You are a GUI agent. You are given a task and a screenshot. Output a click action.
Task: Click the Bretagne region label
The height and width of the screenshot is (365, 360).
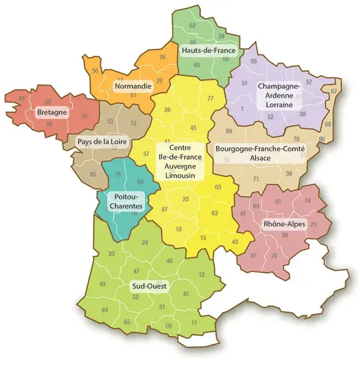pyautogui.click(x=52, y=112)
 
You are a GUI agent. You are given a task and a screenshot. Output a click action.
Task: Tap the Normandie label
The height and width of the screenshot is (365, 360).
pyautogui.click(x=131, y=86)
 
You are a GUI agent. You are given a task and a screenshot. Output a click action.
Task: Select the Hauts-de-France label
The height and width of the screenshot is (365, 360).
pyautogui.click(x=208, y=51)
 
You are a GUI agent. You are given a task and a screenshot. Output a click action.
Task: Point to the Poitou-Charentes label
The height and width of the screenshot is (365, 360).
pyautogui.click(x=125, y=202)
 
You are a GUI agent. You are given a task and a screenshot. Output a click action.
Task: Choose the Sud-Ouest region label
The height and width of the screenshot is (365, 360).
pyautogui.click(x=149, y=286)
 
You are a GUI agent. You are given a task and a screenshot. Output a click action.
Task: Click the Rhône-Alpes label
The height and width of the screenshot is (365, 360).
pyautogui.click(x=284, y=225)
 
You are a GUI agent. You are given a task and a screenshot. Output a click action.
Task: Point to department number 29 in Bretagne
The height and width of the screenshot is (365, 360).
pyautogui.click(x=22, y=98)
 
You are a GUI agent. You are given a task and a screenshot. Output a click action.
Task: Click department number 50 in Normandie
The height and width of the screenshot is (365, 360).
pyautogui.click(x=95, y=71)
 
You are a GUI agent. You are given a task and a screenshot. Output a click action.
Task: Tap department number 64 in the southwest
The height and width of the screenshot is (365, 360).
pyautogui.click(x=105, y=310)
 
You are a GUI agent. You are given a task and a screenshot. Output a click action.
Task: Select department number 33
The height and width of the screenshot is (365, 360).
pyautogui.click(x=111, y=254)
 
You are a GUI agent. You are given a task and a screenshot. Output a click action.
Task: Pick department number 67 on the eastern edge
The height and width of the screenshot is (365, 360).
pyautogui.click(x=334, y=91)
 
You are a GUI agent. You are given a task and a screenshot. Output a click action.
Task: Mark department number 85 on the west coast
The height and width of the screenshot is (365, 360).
pyautogui.click(x=93, y=175)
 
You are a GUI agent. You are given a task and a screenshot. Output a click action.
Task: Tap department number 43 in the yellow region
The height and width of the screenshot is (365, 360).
pyautogui.click(x=234, y=241)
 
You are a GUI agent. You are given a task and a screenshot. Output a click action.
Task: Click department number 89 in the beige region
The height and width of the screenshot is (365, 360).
pyautogui.click(x=229, y=131)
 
